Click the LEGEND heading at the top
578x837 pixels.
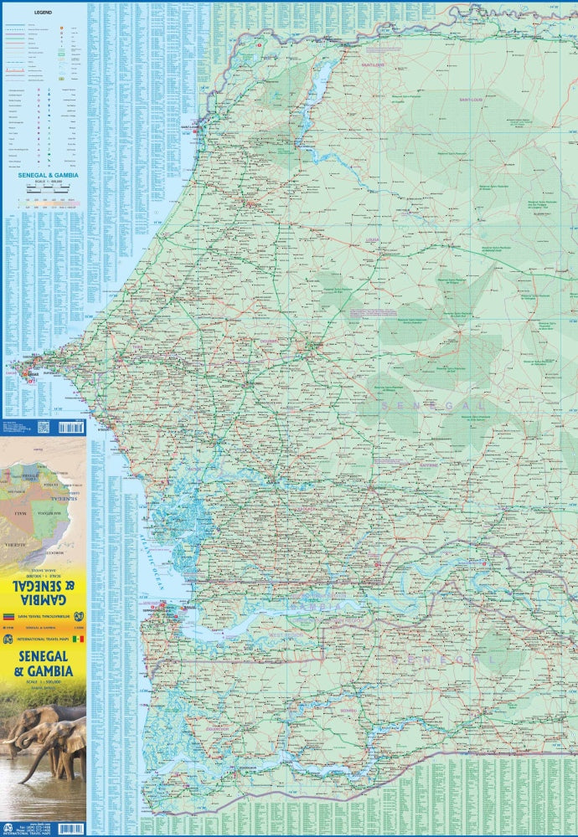43,13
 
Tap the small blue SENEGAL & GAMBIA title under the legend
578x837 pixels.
43,175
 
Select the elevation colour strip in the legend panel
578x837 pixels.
42,202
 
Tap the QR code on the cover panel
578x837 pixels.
44,428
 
